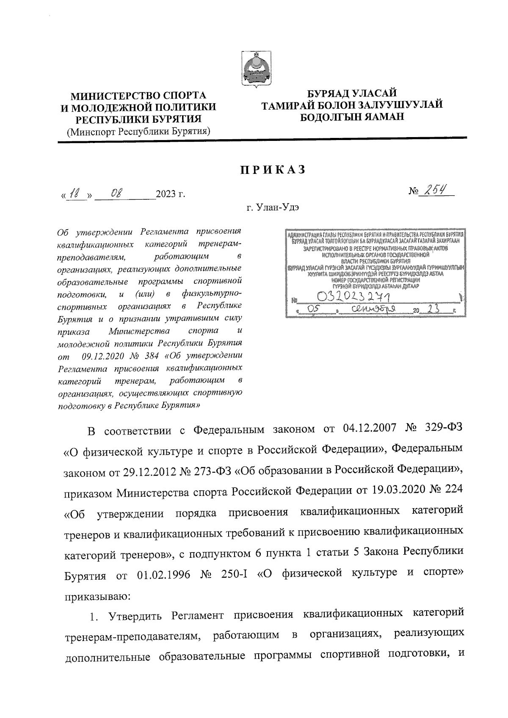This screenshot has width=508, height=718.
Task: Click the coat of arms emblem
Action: point(256,69)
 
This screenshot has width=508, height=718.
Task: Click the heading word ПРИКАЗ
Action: point(273,170)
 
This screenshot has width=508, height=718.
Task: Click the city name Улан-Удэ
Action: point(275,208)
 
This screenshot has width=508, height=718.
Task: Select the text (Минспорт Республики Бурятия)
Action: point(139,131)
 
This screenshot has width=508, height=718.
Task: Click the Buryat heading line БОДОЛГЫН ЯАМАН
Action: point(352,116)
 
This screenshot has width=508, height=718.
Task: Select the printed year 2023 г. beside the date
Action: point(170,195)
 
